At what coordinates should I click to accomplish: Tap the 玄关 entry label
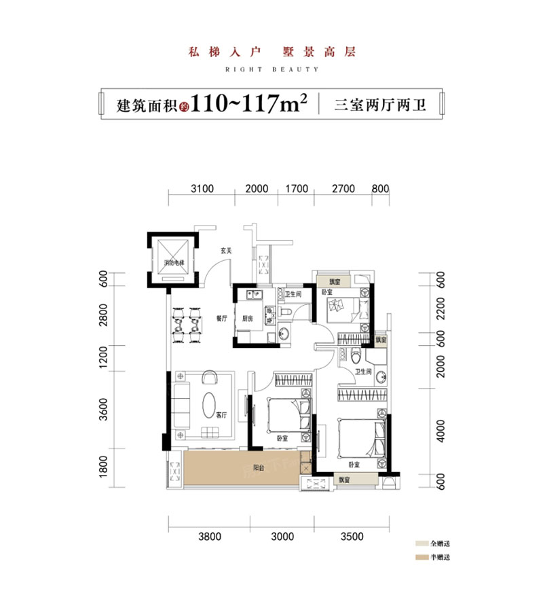[x=226, y=251]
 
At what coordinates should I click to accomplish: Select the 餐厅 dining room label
[x=221, y=317]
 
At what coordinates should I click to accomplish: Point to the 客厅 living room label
[x=221, y=414]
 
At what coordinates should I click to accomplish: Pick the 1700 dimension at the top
[x=297, y=188]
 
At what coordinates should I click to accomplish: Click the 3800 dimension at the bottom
[x=210, y=536]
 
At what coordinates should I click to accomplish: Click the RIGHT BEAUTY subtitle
[x=271, y=69]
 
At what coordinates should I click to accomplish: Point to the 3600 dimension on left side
[x=104, y=412]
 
